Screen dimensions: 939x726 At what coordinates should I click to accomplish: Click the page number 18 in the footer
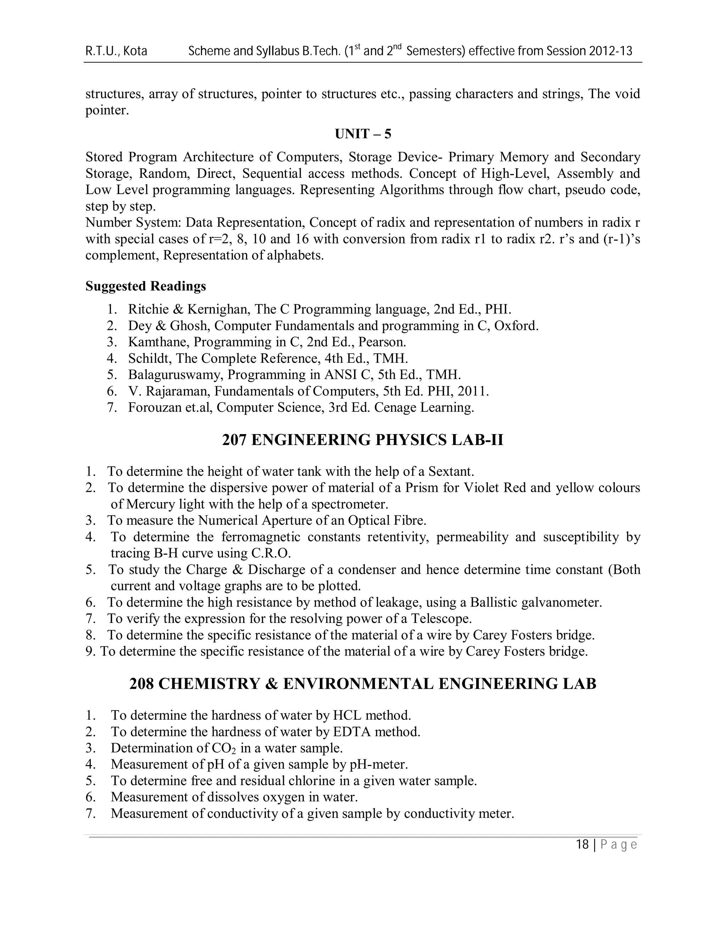[582, 845]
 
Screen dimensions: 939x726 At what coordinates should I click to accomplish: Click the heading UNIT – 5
[363, 134]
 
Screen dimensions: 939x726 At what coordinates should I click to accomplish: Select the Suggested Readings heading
[145, 286]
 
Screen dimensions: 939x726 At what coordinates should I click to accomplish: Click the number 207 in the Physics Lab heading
[234, 440]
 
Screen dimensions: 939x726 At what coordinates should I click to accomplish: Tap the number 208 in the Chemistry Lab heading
[141, 684]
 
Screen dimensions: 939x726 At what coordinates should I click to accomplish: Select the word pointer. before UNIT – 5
[107, 111]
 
